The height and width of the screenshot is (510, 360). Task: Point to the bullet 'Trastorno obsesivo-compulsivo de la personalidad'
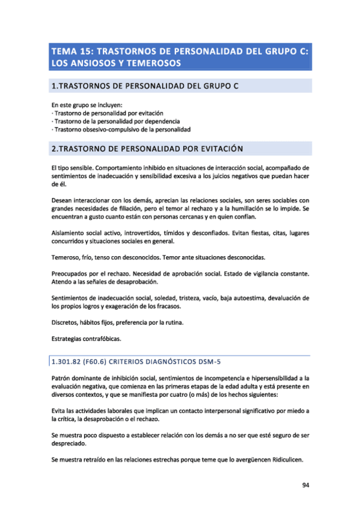[x=121, y=129]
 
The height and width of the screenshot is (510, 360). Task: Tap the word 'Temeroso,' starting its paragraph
[x=66, y=257]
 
